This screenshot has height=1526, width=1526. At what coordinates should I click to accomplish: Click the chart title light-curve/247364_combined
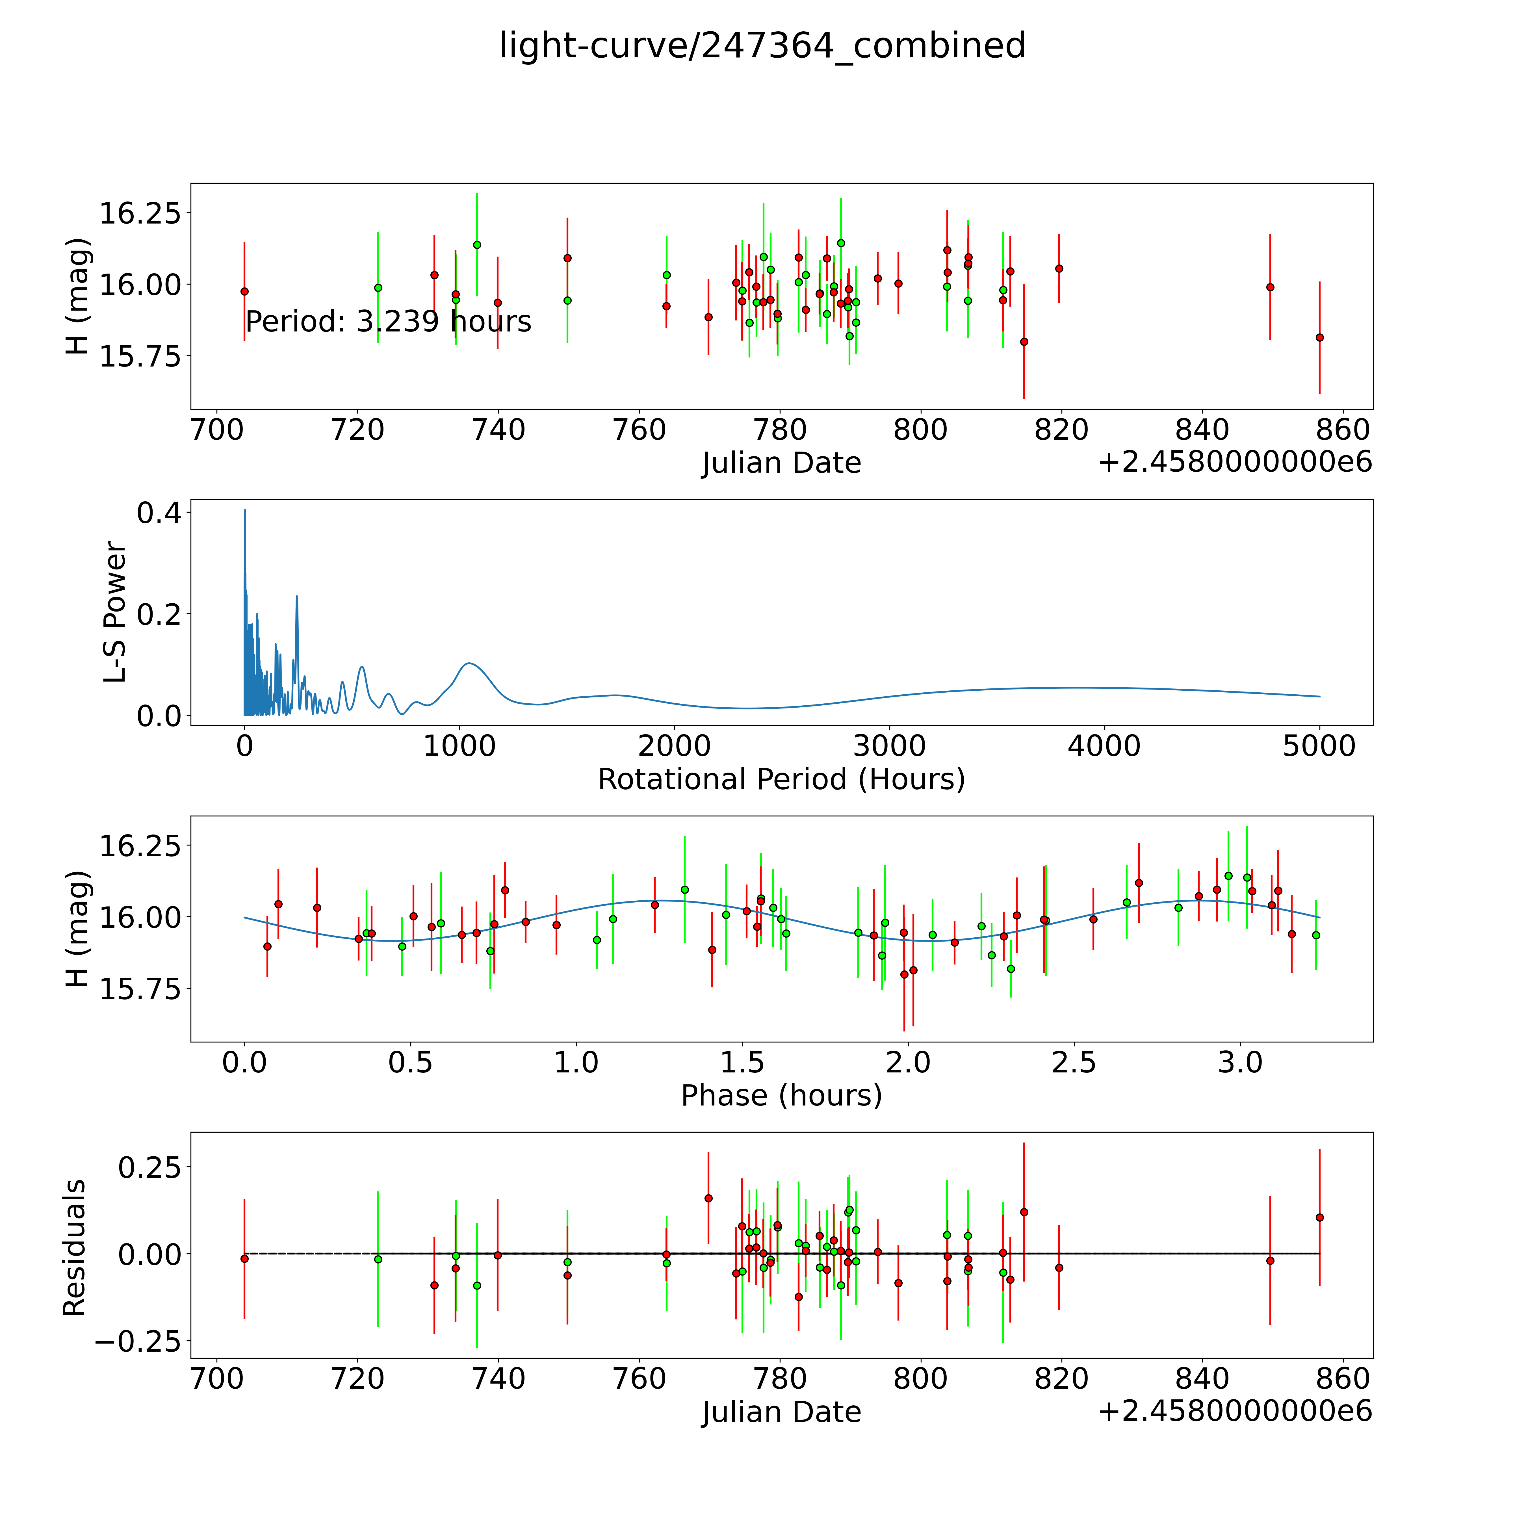click(762, 46)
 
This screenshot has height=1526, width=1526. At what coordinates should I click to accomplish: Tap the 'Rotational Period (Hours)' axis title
click(781, 780)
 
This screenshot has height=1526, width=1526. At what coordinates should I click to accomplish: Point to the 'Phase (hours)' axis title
click(781, 1096)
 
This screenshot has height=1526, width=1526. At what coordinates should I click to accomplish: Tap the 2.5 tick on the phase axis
click(1074, 1062)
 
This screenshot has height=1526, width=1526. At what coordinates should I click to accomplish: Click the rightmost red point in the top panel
click(1319, 337)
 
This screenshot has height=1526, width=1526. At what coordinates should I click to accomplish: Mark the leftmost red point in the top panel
click(244, 291)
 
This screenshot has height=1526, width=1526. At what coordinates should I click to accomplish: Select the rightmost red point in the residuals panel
click(1319, 1217)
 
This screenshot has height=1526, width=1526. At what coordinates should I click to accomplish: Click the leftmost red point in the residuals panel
click(244, 1258)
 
